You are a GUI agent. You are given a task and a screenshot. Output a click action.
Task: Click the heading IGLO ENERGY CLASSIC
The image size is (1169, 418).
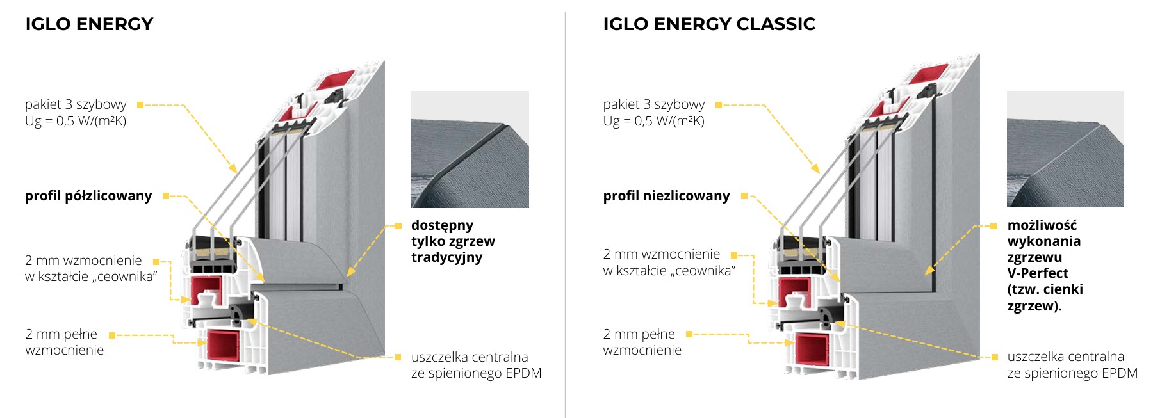point(709,24)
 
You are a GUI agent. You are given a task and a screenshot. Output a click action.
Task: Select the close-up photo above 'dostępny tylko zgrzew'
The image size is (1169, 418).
point(470,149)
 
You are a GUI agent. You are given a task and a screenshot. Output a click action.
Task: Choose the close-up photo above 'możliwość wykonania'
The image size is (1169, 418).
point(1065,149)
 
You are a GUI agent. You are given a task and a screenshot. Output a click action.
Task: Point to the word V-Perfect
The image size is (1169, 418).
point(1038,273)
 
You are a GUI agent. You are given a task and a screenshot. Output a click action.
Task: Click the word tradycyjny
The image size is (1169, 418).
point(446,257)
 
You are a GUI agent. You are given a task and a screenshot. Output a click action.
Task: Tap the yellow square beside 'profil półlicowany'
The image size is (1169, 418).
point(166,196)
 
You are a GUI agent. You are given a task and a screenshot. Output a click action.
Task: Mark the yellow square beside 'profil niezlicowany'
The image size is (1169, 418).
point(744,196)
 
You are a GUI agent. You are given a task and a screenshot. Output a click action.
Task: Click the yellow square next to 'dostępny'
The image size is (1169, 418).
point(398,226)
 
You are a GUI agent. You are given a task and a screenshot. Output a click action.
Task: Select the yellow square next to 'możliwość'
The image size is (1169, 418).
point(993,226)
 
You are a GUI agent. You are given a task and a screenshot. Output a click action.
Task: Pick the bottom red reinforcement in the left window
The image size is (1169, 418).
point(225,348)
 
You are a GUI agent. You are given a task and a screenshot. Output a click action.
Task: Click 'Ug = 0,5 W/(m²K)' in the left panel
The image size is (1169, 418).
point(76,121)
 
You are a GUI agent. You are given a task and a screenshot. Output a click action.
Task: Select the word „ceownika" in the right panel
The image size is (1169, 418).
point(705,271)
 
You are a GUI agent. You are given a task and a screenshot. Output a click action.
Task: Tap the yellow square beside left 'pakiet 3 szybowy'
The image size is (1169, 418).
point(140,105)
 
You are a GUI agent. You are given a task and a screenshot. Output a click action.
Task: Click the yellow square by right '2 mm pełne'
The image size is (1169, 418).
point(689,334)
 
